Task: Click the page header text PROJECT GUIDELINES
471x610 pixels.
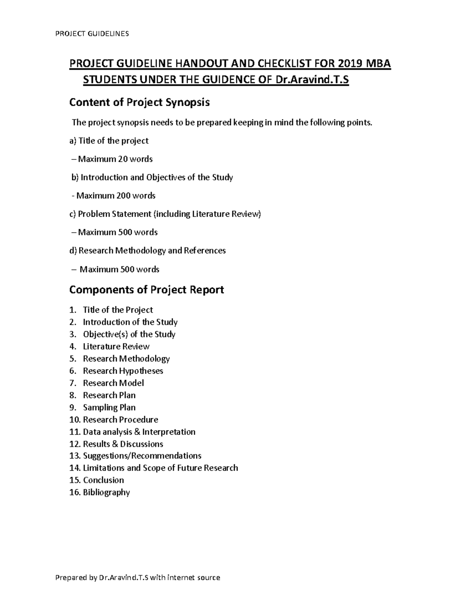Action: tap(92, 33)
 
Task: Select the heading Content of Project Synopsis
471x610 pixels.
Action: tap(139, 103)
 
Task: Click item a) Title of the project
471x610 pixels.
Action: tap(109, 141)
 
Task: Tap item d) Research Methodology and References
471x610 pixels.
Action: tap(148, 251)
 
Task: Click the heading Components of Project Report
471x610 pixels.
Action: tap(146, 290)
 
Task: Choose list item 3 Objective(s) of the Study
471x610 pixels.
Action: tap(129, 334)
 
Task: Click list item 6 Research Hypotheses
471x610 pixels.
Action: tap(123, 371)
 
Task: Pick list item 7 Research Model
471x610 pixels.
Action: tap(113, 383)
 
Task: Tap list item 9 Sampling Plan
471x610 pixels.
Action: tap(109, 407)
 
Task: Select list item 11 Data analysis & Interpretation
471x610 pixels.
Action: tap(139, 432)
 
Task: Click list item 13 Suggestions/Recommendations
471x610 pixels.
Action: tap(142, 456)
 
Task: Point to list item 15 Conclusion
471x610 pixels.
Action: tap(103, 480)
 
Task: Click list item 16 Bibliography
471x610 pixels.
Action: tap(106, 492)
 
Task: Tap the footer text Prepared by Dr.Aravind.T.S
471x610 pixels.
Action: tap(102, 577)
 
